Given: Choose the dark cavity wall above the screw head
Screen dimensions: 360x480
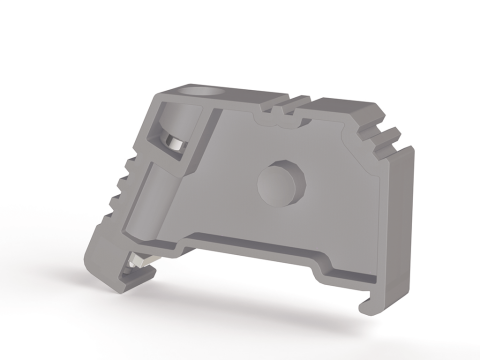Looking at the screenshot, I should click(166, 125).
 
